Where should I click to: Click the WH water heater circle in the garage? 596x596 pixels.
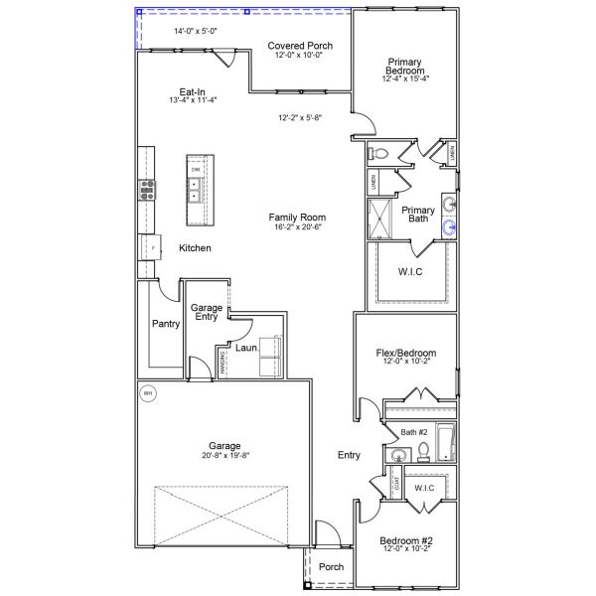149,393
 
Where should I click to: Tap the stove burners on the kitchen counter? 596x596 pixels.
147,189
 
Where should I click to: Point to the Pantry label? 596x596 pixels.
165,324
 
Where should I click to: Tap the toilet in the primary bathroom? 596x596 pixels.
378,154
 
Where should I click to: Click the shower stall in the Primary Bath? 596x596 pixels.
380,219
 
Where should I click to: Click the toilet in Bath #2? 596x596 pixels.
423,452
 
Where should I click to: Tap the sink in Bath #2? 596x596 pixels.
398,456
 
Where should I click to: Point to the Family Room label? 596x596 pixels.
297,218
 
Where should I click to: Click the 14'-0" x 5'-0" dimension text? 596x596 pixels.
196,32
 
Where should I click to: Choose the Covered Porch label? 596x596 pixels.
300,46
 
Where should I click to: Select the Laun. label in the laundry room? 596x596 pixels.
246,349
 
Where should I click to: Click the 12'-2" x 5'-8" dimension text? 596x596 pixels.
299,118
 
